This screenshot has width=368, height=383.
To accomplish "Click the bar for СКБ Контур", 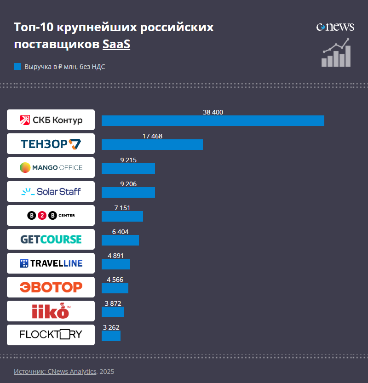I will pyautogui.click(x=213, y=121).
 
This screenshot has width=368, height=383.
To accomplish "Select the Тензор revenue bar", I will pyautogui.click(x=152, y=144).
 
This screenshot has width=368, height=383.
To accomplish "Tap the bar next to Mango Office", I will pyautogui.click(x=128, y=168).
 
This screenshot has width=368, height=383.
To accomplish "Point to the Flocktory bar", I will pyautogui.click(x=111, y=336).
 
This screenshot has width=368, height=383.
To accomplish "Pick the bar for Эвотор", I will pyautogui.click(x=115, y=288).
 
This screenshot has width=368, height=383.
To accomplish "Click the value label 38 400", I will pyautogui.click(x=213, y=112).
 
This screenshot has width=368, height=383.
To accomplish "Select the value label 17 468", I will pyautogui.click(x=152, y=136).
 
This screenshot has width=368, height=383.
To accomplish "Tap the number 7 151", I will pyautogui.click(x=122, y=208).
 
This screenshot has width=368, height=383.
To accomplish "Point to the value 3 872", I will pyautogui.click(x=113, y=303).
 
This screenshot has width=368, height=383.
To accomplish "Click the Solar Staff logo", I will pyautogui.click(x=51, y=192).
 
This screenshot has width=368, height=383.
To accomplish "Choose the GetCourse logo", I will pyautogui.click(x=51, y=240).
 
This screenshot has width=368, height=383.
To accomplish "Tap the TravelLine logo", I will pyautogui.click(x=51, y=263).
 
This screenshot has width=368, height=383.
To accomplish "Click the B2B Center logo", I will pyautogui.click(x=51, y=216).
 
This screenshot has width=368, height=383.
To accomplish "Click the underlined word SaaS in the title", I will pyautogui.click(x=116, y=45).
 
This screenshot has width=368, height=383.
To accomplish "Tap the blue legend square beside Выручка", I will pyautogui.click(x=17, y=67).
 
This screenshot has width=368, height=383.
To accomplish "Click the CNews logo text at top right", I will pyautogui.click(x=335, y=27).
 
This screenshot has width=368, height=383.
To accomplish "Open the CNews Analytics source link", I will pyautogui.click(x=55, y=372).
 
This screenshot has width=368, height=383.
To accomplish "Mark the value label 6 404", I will pyautogui.click(x=120, y=232).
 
